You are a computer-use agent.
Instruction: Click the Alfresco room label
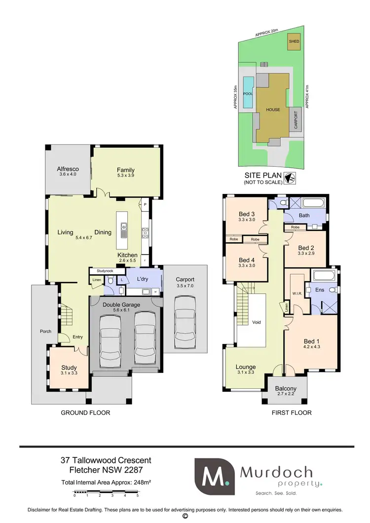(69, 169)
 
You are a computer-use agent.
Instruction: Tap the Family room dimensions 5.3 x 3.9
(126, 175)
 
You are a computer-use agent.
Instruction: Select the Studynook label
(105, 270)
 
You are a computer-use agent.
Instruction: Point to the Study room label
(69, 368)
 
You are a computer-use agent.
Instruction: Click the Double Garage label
(122, 305)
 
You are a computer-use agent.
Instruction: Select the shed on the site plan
(294, 42)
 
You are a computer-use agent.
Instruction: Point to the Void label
(256, 322)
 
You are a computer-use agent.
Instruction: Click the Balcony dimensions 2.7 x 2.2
(286, 395)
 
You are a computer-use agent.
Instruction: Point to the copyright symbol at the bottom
(185, 516)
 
